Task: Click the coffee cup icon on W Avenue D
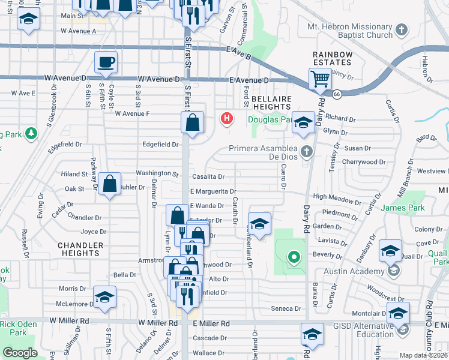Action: (x=106, y=62)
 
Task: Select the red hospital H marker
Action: (x=226, y=118)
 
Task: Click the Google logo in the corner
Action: (x=20, y=353)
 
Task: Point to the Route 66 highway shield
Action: (x=337, y=94)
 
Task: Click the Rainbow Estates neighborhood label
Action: (x=332, y=58)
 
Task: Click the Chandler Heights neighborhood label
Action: (x=79, y=249)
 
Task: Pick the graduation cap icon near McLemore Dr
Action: (x=104, y=297)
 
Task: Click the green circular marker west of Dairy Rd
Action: (x=294, y=258)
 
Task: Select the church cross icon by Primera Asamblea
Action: (x=307, y=150)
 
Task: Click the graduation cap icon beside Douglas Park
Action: (x=304, y=122)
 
